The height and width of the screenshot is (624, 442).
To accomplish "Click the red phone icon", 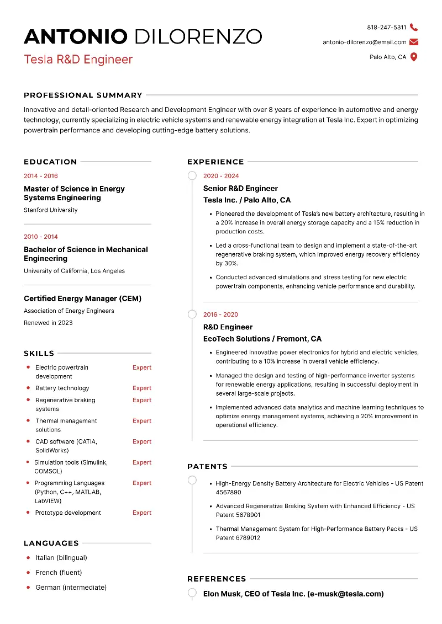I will (414, 27).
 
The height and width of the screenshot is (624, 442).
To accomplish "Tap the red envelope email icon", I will (414, 42).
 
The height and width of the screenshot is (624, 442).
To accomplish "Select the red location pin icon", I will (414, 57).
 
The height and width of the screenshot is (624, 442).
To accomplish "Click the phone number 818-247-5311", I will (386, 27).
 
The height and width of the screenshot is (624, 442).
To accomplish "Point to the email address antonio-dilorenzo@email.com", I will (364, 42).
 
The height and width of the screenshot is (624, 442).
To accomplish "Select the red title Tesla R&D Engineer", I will (78, 59).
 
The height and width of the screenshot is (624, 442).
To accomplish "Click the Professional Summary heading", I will (83, 95).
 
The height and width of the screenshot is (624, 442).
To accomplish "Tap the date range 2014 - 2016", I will (40, 176).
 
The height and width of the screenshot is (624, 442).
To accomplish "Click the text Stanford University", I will (50, 210).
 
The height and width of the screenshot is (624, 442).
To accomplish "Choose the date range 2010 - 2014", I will (40, 237).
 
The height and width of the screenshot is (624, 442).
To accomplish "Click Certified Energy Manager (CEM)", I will (82, 298).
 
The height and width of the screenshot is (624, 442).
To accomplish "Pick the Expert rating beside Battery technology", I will (142, 388).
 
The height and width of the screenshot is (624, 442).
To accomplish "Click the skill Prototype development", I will (68, 513).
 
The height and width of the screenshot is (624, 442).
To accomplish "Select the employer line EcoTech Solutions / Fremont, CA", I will (262, 339).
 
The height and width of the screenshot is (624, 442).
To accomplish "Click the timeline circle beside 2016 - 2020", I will (192, 314).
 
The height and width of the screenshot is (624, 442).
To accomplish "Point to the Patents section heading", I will (207, 466).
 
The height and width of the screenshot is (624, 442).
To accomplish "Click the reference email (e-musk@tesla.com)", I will (345, 594).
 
